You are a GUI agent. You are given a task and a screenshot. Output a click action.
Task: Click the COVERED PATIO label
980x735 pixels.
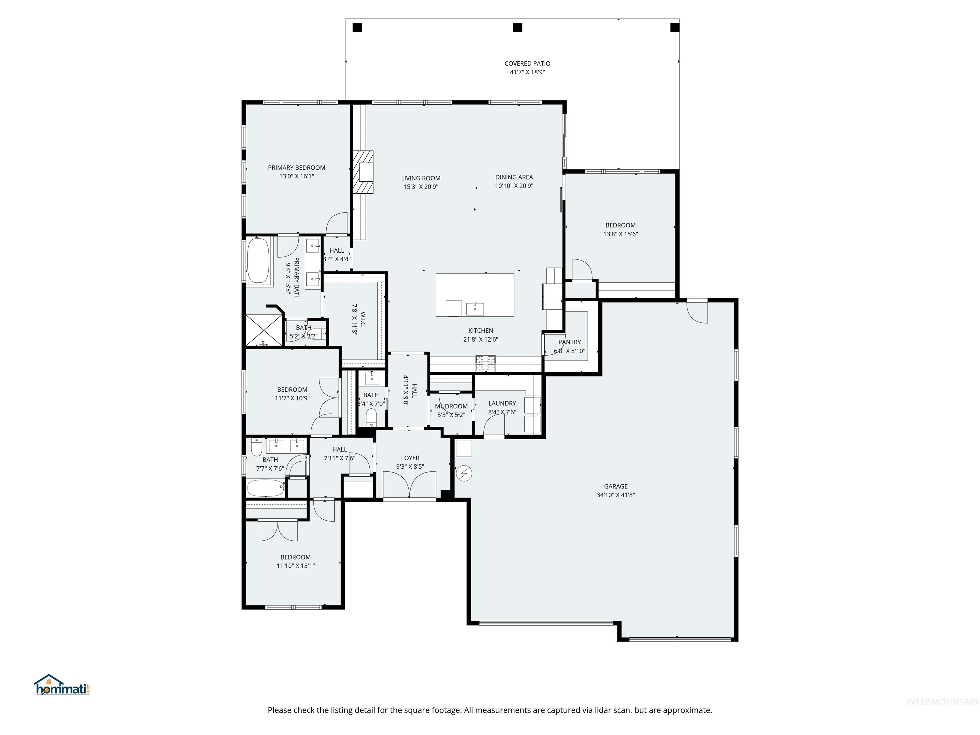527,63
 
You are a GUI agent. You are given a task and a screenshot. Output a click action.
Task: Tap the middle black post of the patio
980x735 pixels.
517,27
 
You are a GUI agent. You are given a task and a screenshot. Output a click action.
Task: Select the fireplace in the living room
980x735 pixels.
363,172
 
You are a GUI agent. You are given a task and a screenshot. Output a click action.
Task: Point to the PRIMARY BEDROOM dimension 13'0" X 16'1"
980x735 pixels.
296,176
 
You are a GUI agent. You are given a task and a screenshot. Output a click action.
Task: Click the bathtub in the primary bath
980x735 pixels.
258,261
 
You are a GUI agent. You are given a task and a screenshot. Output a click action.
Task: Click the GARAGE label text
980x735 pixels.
615,486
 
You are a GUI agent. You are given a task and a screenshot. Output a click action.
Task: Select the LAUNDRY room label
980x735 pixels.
502,403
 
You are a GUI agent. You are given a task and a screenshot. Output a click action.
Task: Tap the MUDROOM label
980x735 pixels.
451,406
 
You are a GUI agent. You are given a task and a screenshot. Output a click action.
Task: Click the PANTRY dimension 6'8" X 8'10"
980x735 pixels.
569,351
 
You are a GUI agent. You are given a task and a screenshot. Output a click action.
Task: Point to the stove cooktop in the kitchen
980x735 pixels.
486,363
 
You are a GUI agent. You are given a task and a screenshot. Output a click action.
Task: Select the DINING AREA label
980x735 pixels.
514,177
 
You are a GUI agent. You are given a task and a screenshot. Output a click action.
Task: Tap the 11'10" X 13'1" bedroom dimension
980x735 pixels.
295,566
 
